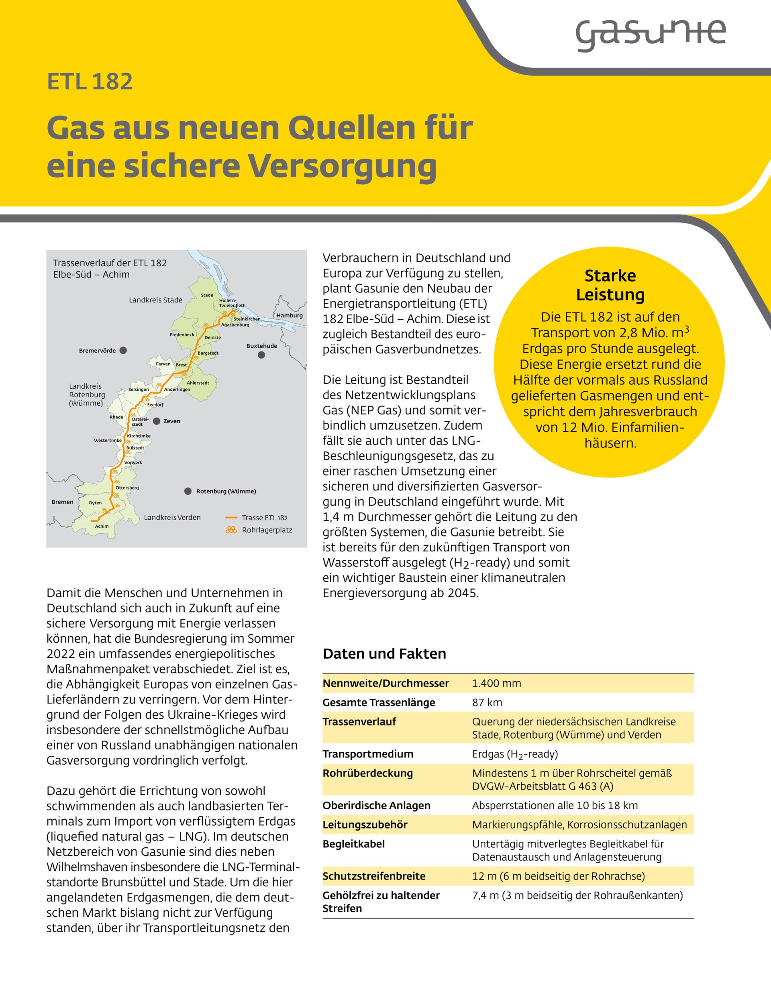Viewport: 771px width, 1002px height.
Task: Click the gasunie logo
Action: pyautogui.click(x=651, y=34)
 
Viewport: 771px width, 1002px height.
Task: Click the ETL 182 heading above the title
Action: pyautogui.click(x=90, y=82)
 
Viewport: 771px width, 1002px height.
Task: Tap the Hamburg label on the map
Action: pyautogui.click(x=290, y=315)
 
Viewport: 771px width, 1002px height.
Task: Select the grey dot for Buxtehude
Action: pyautogui.click(x=261, y=355)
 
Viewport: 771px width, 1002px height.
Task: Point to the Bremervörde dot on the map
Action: pyautogui.click(x=123, y=351)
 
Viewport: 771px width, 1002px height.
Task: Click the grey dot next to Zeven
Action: pyautogui.click(x=156, y=421)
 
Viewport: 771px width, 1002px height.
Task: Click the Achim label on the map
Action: pyautogui.click(x=102, y=526)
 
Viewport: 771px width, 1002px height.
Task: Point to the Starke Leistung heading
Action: pyautogui.click(x=610, y=285)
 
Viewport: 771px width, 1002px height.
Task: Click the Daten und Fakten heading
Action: pyautogui.click(x=384, y=654)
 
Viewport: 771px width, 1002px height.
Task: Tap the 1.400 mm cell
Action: pyautogui.click(x=497, y=684)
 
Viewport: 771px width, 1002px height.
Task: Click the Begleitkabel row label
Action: pyautogui.click(x=354, y=844)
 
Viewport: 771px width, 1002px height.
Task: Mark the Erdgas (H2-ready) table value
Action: pyautogui.click(x=515, y=754)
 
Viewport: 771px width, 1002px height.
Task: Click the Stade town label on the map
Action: pyautogui.click(x=207, y=295)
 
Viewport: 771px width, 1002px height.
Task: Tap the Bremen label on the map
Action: pyautogui.click(x=62, y=502)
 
